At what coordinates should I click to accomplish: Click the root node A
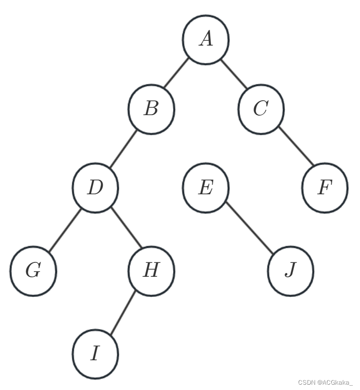pos(206,39)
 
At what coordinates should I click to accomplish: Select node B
pos(151,109)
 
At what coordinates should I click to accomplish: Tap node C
pos(261,109)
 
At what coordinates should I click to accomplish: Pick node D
pos(95,188)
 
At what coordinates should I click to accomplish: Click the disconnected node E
pos(206,188)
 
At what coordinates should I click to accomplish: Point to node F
pos(325,188)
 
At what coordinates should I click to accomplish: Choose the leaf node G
pos(33,271)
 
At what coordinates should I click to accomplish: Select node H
pos(151,271)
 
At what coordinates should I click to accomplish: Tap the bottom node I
pos(95,354)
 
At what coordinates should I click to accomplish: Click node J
pos(290,271)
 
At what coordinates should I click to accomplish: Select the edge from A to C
pos(234,75)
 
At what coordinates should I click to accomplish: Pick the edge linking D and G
pos(64,229)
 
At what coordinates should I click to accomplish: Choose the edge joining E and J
pos(248,230)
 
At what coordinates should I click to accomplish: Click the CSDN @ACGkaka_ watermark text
pos(325,382)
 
